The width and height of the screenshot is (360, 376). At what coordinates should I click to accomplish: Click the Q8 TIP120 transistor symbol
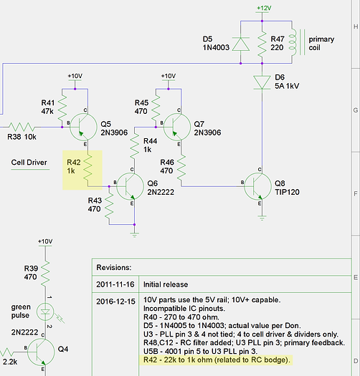(x=257, y=186)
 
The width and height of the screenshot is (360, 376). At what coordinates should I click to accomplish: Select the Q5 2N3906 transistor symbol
(x=83, y=127)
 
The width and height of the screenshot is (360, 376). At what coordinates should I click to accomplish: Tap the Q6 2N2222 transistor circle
(x=131, y=186)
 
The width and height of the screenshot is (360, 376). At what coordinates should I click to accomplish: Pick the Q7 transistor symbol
(x=177, y=127)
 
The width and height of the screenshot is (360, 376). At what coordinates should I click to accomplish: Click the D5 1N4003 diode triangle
(x=241, y=44)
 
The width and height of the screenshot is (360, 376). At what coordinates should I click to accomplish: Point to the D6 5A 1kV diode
(x=262, y=82)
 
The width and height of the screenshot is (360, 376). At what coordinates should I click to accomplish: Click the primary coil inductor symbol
(x=297, y=42)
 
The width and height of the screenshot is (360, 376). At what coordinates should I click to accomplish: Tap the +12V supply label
(x=264, y=8)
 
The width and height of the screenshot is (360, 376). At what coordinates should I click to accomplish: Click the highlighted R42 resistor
(x=87, y=168)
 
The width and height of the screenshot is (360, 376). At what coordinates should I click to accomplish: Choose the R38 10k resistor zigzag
(x=22, y=127)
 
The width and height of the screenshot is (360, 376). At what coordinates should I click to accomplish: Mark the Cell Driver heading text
(x=29, y=163)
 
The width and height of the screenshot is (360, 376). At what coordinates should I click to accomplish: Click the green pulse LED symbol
(x=45, y=312)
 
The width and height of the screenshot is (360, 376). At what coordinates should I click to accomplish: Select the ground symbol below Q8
(x=262, y=218)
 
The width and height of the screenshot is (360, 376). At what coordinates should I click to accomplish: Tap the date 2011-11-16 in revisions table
(x=115, y=284)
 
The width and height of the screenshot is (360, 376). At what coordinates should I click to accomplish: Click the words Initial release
(x=166, y=284)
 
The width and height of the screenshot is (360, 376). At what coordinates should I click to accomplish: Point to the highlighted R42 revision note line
(x=217, y=360)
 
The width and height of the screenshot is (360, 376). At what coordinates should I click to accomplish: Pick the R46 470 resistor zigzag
(x=181, y=168)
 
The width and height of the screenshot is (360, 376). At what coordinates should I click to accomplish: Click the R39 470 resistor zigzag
(x=45, y=274)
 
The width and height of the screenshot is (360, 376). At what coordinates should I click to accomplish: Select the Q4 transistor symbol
(x=41, y=352)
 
